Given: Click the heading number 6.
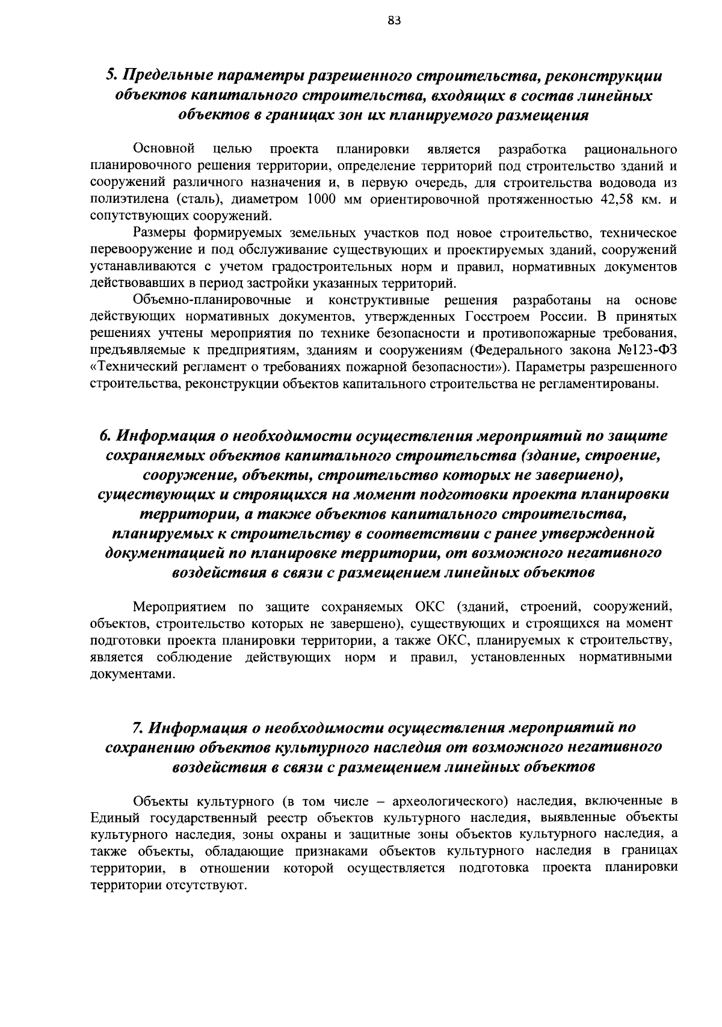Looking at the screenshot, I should (x=104, y=435).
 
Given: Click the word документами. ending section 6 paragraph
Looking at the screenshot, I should (x=125, y=674).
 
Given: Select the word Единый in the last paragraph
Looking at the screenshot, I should (x=113, y=818).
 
